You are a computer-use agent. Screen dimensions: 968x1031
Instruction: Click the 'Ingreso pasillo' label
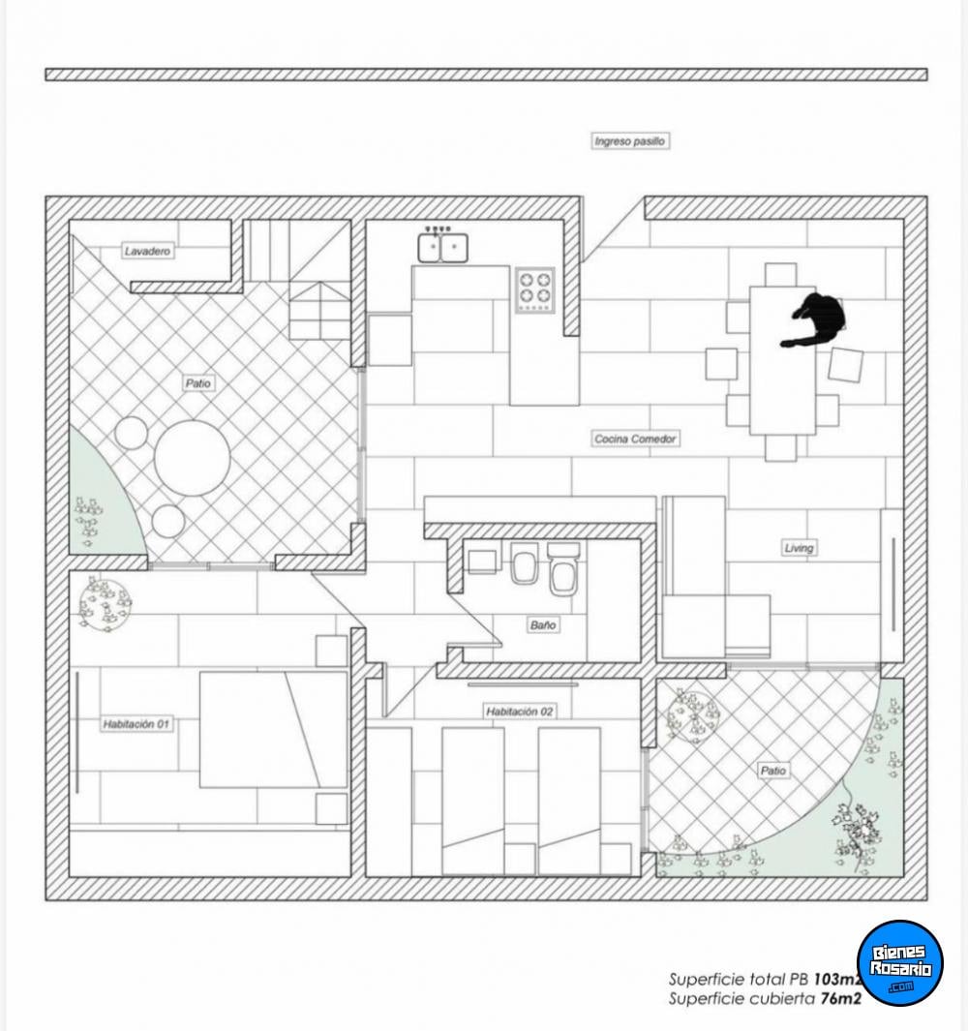630,140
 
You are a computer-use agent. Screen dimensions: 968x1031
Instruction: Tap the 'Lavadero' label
147,251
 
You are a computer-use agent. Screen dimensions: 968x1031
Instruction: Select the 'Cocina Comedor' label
635,439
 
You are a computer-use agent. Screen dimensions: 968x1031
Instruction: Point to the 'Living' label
799,548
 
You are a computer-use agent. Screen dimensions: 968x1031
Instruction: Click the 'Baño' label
543,624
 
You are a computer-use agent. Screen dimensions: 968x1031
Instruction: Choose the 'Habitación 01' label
136,724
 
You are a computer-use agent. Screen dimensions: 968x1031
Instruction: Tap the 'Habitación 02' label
520,711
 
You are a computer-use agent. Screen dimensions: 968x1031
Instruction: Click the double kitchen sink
443,247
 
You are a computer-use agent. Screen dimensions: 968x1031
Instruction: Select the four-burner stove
534,290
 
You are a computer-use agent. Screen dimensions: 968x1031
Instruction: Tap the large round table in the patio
193,458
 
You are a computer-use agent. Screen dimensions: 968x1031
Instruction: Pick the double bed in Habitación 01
273,729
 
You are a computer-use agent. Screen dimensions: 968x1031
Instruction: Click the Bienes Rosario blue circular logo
900,962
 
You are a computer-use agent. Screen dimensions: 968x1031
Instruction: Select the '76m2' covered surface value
840,998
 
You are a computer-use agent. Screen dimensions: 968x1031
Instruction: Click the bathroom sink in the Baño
482,561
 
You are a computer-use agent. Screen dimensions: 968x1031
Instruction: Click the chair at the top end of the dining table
781,275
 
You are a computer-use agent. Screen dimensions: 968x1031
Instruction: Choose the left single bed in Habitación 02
472,802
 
